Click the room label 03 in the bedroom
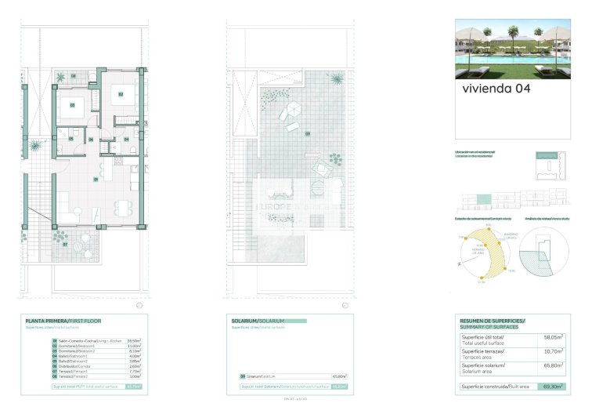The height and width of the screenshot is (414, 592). [x=73, y=104]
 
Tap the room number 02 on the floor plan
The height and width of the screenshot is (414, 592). [x=121, y=94]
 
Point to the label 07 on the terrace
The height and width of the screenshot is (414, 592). [x=66, y=245]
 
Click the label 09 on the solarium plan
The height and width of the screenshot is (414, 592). [x=308, y=134]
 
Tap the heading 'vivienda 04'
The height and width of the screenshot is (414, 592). [x=496, y=89]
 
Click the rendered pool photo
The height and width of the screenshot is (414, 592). [x=512, y=49]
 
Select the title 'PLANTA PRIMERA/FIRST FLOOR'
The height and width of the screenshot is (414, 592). [x=63, y=321]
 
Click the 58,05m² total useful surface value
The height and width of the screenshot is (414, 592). [x=554, y=337]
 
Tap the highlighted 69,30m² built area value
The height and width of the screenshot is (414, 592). [x=554, y=387]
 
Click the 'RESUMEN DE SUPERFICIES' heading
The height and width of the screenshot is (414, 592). [x=493, y=321]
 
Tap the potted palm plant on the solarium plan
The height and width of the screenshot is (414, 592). [x=336, y=79]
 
